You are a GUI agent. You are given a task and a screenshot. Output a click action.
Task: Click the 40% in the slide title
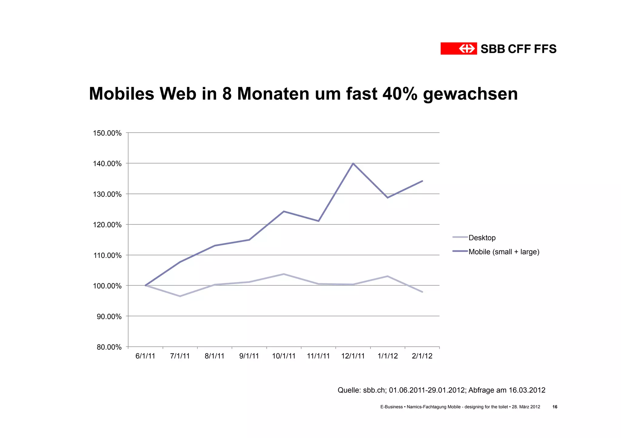click(400, 94)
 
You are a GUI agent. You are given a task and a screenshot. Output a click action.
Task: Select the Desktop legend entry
click(482, 238)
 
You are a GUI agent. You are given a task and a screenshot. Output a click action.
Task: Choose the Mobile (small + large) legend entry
click(504, 252)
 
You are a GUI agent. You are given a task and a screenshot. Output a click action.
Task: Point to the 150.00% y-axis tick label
click(107, 133)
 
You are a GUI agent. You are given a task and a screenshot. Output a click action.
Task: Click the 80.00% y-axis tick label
click(109, 347)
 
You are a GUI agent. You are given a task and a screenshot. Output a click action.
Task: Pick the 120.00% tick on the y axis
click(107, 225)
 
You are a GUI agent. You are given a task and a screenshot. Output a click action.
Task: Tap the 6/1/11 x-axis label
click(145, 356)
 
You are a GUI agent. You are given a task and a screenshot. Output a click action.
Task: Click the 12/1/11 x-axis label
click(353, 356)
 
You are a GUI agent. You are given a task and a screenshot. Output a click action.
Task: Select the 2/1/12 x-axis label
click(422, 356)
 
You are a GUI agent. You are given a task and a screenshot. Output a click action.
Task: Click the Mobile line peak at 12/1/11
click(353, 163)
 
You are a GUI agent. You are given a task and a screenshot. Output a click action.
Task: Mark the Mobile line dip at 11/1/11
click(318, 221)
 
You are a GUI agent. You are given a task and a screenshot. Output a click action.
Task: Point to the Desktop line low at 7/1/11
click(180, 296)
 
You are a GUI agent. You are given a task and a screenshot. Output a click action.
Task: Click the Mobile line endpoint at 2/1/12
click(422, 181)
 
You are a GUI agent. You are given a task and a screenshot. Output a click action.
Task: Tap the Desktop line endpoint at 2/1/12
click(422, 292)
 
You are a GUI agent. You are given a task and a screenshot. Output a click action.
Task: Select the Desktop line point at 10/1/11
click(284, 274)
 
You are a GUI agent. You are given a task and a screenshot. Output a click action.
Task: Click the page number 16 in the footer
click(555, 407)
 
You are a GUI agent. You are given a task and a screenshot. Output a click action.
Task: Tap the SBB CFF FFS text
click(519, 49)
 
